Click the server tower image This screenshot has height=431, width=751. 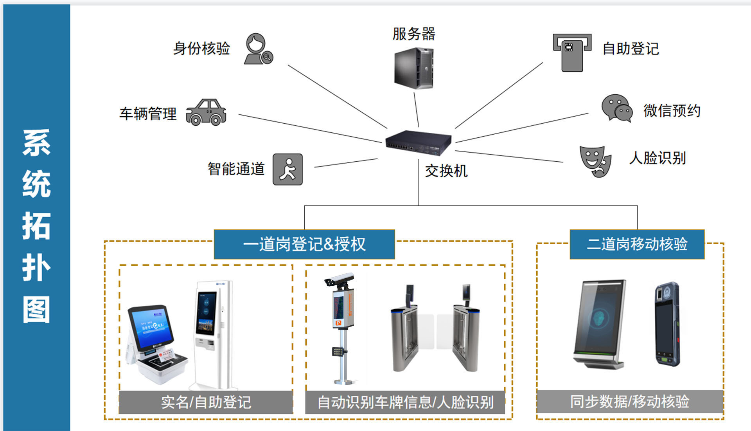pyautogui.click(x=414, y=68)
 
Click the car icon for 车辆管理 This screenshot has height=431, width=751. pyautogui.click(x=206, y=112)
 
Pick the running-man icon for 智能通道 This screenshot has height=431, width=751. pyautogui.click(x=287, y=169)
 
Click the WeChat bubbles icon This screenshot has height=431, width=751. pyautogui.click(x=616, y=108)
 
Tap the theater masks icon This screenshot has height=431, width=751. pyautogui.click(x=595, y=161)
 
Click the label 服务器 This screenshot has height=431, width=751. pyautogui.click(x=414, y=34)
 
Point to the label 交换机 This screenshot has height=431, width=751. pyautogui.click(x=446, y=171)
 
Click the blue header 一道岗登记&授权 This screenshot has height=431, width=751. pyautogui.click(x=304, y=244)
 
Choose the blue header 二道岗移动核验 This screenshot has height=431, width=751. pyautogui.click(x=637, y=244)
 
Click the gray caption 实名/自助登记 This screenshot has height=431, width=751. pyautogui.click(x=206, y=402)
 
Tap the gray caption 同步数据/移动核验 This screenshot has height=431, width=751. pyautogui.click(x=629, y=402)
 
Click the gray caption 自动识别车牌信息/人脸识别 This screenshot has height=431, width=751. pyautogui.click(x=405, y=402)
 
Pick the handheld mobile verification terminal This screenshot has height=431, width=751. pyautogui.click(x=667, y=324)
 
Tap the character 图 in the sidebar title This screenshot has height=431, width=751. pyautogui.click(x=36, y=310)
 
